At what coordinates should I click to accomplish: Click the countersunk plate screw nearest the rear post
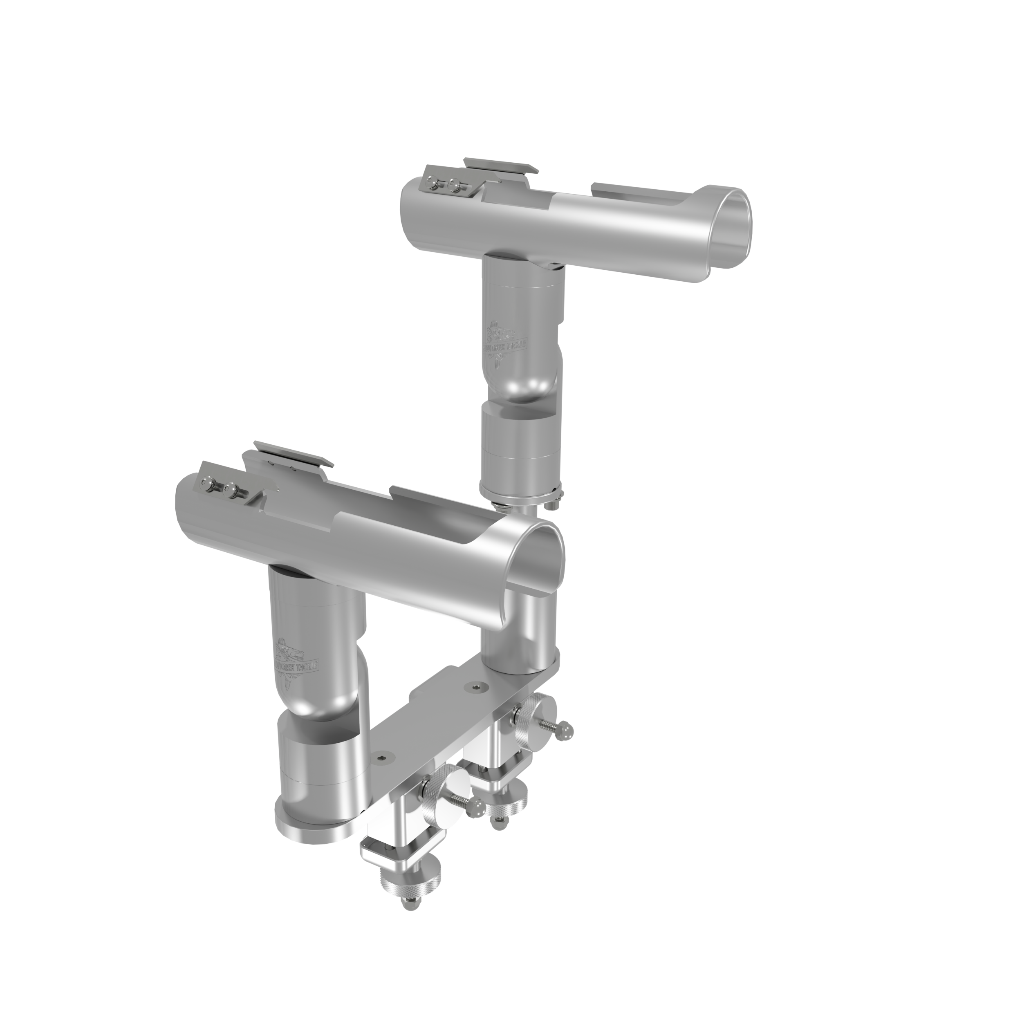coord(479,687)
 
